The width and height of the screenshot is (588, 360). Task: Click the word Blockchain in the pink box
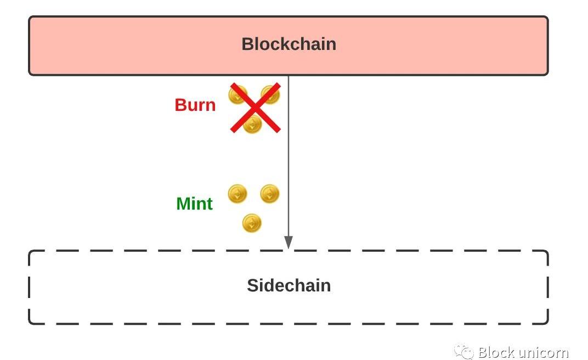(x=289, y=44)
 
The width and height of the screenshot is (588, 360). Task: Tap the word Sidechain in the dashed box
(x=289, y=285)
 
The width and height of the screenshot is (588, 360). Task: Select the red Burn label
(x=195, y=105)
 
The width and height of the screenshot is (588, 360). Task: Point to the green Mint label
(x=194, y=204)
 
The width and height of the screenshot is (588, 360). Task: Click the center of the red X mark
(x=255, y=108)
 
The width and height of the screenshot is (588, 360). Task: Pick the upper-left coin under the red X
(x=238, y=95)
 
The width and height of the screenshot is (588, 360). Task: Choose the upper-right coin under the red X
(x=270, y=94)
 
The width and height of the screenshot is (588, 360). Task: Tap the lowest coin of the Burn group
(x=252, y=124)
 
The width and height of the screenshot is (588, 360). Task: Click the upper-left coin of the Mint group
(x=237, y=194)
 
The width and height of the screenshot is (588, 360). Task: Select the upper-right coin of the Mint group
(x=269, y=194)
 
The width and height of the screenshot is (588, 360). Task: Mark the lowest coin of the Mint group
(x=252, y=223)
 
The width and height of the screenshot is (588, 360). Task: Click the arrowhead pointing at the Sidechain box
(x=289, y=243)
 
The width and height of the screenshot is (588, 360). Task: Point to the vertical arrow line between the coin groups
(x=289, y=159)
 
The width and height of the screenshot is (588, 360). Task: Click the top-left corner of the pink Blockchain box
(x=30, y=17)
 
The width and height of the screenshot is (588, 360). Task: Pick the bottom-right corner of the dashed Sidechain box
(x=547, y=322)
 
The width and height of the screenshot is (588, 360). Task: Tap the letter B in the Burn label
(x=180, y=105)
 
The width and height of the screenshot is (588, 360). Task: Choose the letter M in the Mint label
(x=183, y=204)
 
